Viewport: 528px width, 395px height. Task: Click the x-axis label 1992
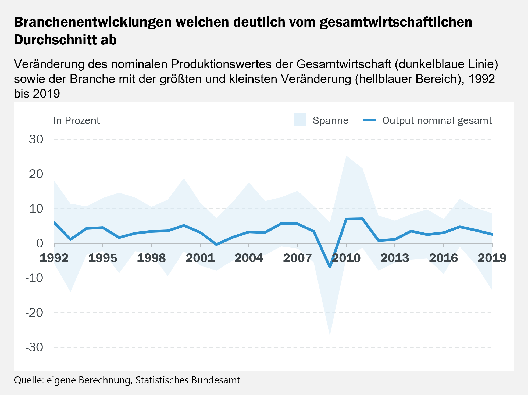coord(54,258)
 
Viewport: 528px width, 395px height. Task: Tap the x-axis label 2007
coord(297,258)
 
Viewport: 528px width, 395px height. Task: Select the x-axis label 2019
coord(492,258)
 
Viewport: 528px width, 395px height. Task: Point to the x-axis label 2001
coord(200,258)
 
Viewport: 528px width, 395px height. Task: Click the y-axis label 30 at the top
coord(36,139)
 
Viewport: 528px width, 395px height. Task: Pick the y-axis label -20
coord(34,313)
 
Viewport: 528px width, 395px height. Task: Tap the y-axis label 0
coord(40,243)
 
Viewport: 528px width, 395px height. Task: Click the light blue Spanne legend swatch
coord(300,120)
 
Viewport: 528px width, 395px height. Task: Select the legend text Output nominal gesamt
coord(437,120)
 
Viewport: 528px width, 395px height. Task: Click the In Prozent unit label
coord(76,120)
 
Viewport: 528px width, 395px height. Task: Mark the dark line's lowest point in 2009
coord(330,267)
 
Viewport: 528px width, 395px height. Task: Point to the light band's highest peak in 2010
coord(346,156)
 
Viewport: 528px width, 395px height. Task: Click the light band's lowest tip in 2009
coord(330,335)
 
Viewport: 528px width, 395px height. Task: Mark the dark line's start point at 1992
coord(54,222)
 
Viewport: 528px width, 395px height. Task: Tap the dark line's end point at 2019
coord(492,234)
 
